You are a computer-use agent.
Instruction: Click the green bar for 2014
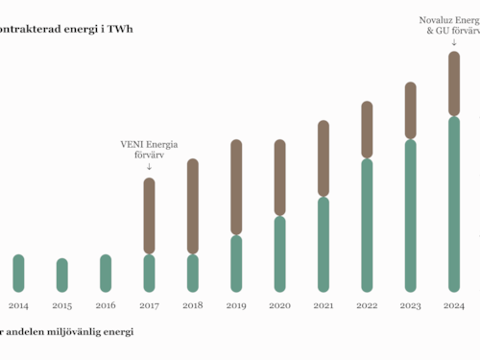point(18,273)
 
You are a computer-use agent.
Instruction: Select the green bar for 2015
point(62,275)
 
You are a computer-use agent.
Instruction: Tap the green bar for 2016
point(106,273)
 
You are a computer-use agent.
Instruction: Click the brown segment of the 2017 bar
point(149,216)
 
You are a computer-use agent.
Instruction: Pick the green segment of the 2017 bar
point(149,273)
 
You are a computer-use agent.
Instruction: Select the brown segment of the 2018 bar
point(192,206)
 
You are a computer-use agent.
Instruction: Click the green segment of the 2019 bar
point(236,263)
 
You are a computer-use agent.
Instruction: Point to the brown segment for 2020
point(279,178)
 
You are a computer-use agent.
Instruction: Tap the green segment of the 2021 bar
point(324,244)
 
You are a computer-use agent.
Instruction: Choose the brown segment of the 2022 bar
point(367,130)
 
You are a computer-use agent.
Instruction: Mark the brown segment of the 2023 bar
point(410,110)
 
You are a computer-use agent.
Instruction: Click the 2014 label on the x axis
point(18,305)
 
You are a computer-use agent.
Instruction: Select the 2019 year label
point(236,305)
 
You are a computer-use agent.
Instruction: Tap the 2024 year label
point(454,305)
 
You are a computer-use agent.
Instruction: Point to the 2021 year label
point(324,305)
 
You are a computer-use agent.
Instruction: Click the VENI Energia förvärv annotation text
point(149,150)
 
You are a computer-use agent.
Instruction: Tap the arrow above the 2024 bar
point(454,42)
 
